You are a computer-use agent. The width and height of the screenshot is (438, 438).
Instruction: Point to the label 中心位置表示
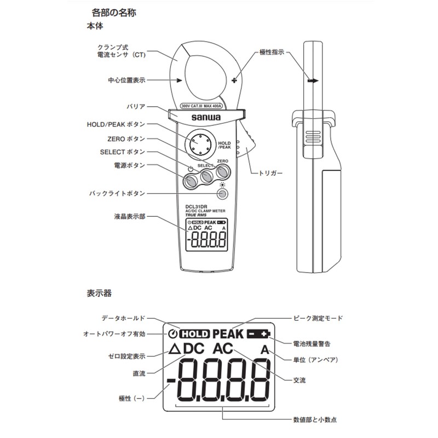click(x=126, y=80)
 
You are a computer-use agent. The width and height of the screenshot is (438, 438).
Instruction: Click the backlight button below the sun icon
click(x=223, y=193)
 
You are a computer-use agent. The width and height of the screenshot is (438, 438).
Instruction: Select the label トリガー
click(x=270, y=173)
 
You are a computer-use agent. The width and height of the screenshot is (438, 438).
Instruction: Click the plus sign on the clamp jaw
click(x=234, y=81)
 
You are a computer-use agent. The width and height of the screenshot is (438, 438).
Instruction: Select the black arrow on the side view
click(x=313, y=80)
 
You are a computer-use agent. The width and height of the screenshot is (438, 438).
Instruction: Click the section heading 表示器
click(x=99, y=293)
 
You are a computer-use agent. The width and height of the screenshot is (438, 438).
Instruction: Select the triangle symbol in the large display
click(x=175, y=349)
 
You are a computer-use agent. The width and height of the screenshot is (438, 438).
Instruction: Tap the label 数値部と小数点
click(x=315, y=419)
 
